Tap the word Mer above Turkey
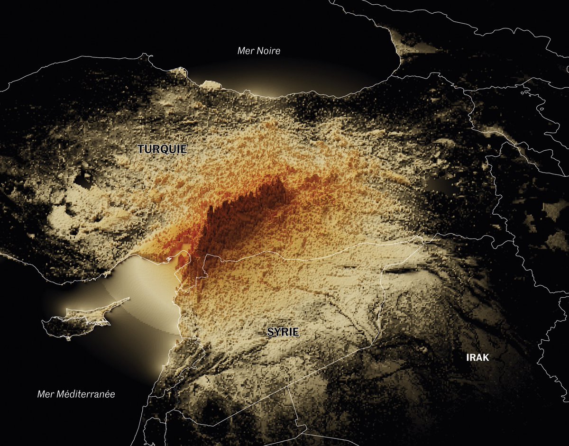click(x=244, y=51)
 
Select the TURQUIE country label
click(x=163, y=149)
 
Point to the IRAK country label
click(x=477, y=358)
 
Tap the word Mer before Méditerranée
click(x=45, y=394)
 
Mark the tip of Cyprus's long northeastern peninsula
click(x=129, y=298)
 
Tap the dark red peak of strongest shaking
click(x=247, y=209)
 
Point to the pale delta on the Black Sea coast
click(x=211, y=85)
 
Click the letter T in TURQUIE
click(x=141, y=149)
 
